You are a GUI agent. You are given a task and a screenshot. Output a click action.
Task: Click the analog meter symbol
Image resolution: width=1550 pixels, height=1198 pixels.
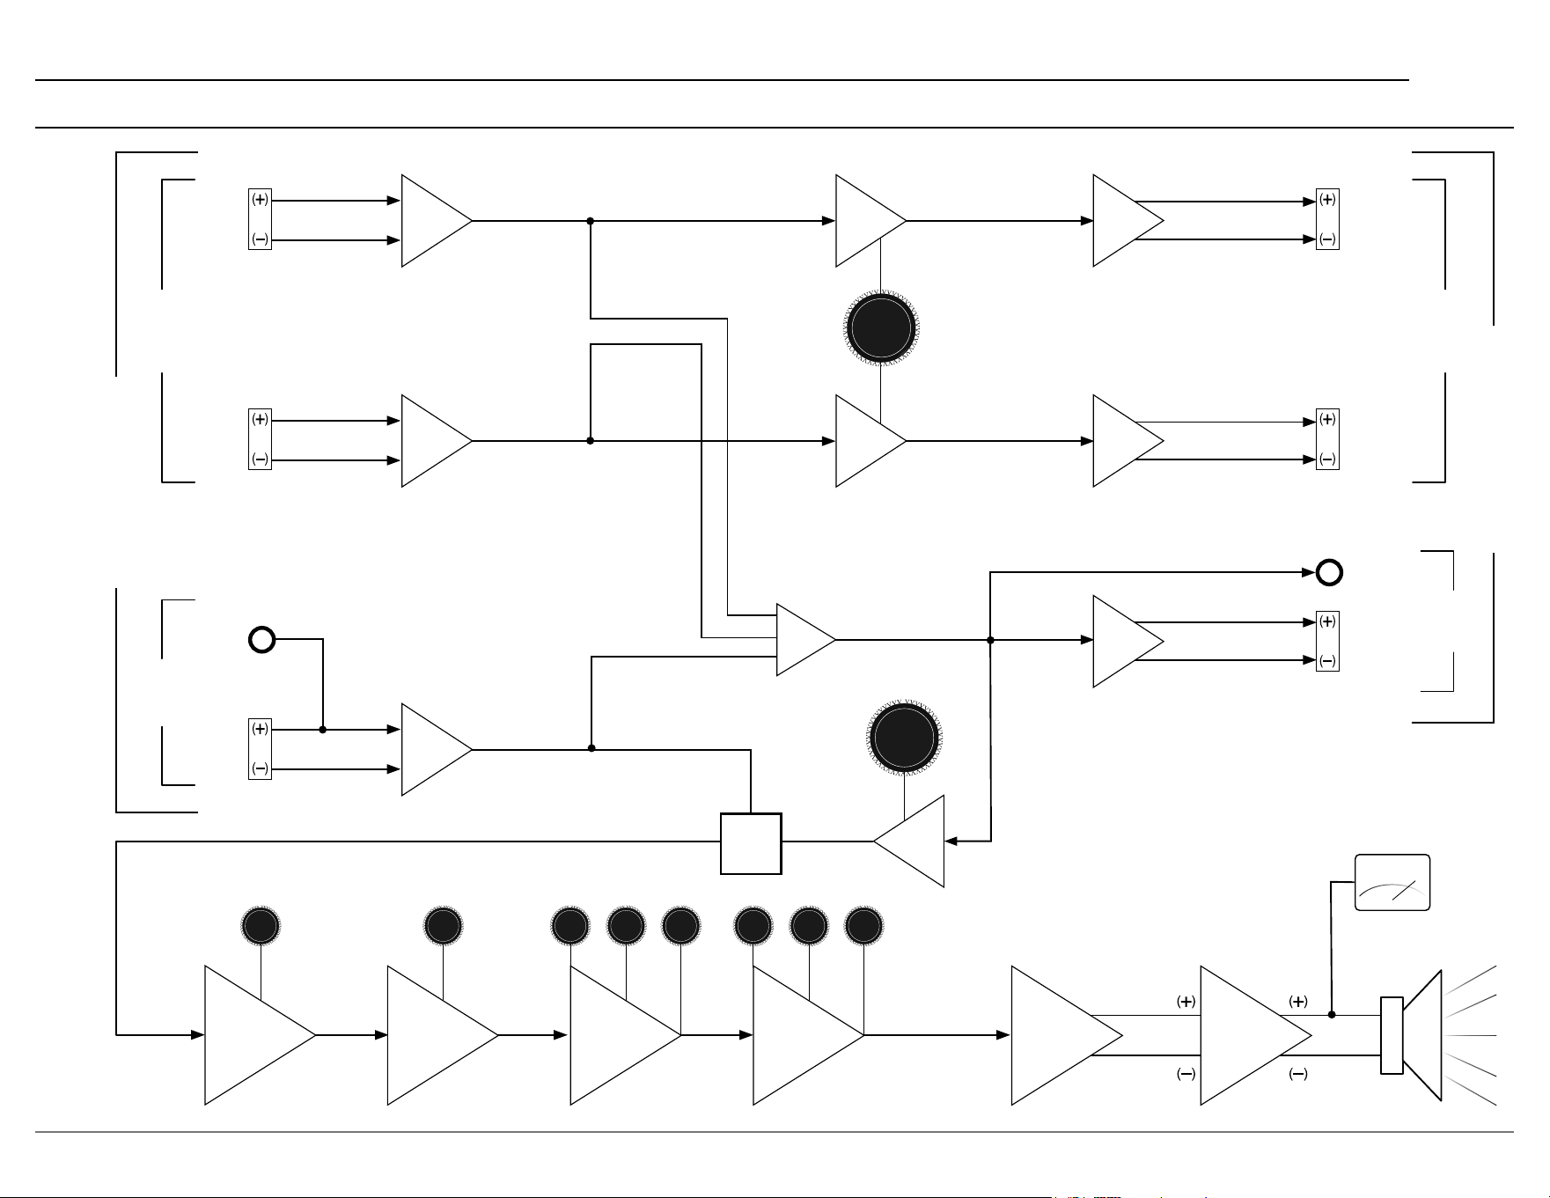coord(1392,882)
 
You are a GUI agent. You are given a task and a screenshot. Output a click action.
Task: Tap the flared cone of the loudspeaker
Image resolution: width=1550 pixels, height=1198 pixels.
coord(1422,1035)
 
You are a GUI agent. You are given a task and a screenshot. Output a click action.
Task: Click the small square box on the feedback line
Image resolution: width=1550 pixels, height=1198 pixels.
coord(751,843)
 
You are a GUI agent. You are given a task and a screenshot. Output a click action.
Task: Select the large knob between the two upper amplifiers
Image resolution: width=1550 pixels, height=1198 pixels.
coord(881,328)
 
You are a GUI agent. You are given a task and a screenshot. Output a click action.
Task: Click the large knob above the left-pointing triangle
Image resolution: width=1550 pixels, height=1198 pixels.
coord(905,737)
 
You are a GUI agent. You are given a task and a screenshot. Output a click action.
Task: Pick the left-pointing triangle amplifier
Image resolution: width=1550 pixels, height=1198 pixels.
coord(909,842)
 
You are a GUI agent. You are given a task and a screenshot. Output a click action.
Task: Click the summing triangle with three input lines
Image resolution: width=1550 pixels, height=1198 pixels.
coord(806,640)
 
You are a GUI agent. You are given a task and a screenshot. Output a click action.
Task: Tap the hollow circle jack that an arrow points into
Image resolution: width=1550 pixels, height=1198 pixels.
coord(1329,572)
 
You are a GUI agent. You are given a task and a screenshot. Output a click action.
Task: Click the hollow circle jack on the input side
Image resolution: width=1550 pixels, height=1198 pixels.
coord(262,639)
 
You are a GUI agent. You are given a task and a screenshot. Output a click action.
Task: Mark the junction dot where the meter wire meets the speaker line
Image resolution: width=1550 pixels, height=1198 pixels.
coord(1332,1015)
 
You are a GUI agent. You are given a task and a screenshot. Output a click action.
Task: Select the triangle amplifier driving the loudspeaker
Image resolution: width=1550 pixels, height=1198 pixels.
coord(1256,1035)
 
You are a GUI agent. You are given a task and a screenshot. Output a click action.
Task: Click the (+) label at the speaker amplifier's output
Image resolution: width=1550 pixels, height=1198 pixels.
coord(1298,1002)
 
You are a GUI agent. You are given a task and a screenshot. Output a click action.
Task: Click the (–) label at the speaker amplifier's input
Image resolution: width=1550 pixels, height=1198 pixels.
coord(1186,1074)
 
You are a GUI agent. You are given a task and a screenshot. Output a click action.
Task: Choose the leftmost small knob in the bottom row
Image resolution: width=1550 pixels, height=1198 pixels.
coord(261,926)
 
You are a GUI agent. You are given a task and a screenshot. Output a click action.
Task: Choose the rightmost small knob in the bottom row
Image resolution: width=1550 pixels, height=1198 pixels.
coord(864,926)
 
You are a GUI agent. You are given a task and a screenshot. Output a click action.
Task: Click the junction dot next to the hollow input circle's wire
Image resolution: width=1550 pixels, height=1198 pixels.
coord(323,730)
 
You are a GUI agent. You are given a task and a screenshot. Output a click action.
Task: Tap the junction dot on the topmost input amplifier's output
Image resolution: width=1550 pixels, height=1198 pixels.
coord(591,221)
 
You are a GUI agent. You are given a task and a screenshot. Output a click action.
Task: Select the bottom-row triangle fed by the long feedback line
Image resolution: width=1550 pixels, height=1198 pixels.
coord(260,1035)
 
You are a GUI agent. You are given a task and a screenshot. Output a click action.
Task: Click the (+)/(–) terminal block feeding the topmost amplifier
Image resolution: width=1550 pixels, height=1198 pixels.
coord(260,219)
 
